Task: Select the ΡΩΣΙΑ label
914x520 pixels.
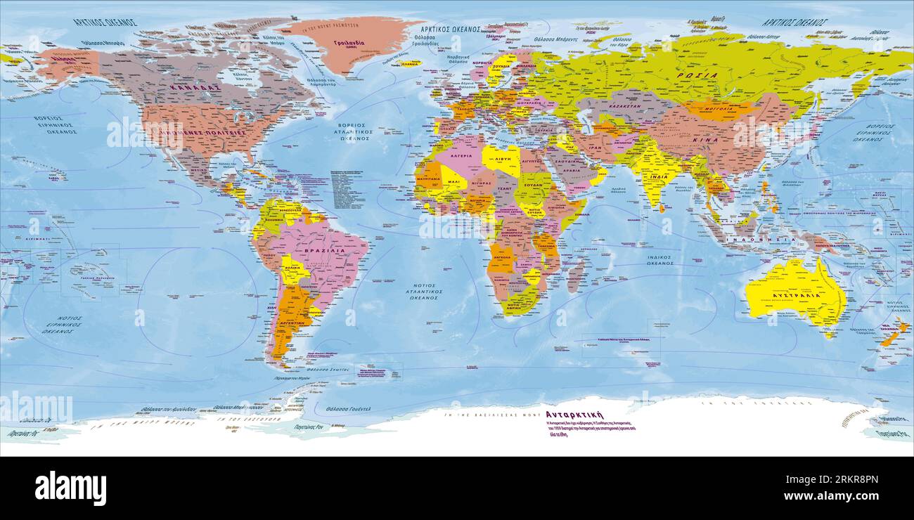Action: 697,75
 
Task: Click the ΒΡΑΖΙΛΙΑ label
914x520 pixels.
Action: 324,250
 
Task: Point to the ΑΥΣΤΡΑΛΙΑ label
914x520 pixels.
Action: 797,296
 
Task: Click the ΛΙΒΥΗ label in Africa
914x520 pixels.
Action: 501,160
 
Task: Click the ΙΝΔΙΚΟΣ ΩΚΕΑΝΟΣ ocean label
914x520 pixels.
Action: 658,261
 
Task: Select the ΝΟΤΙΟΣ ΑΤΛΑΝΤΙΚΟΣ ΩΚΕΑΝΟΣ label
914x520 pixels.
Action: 423,292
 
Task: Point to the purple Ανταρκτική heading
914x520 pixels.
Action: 574,415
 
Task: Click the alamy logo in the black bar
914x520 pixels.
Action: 71,488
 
